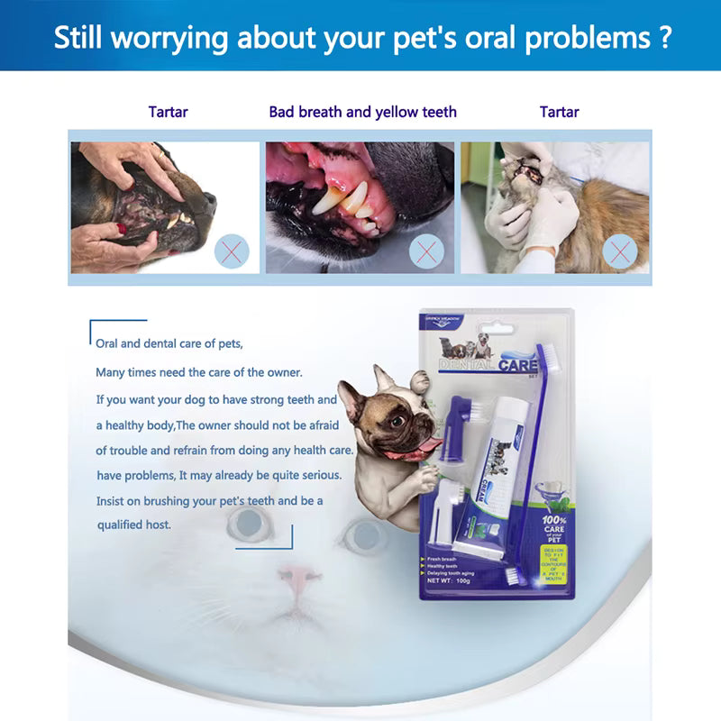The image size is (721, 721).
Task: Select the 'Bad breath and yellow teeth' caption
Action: pos(362,113)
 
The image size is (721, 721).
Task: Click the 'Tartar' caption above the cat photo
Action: pos(559,113)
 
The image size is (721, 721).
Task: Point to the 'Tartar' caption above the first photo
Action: pos(169,113)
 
